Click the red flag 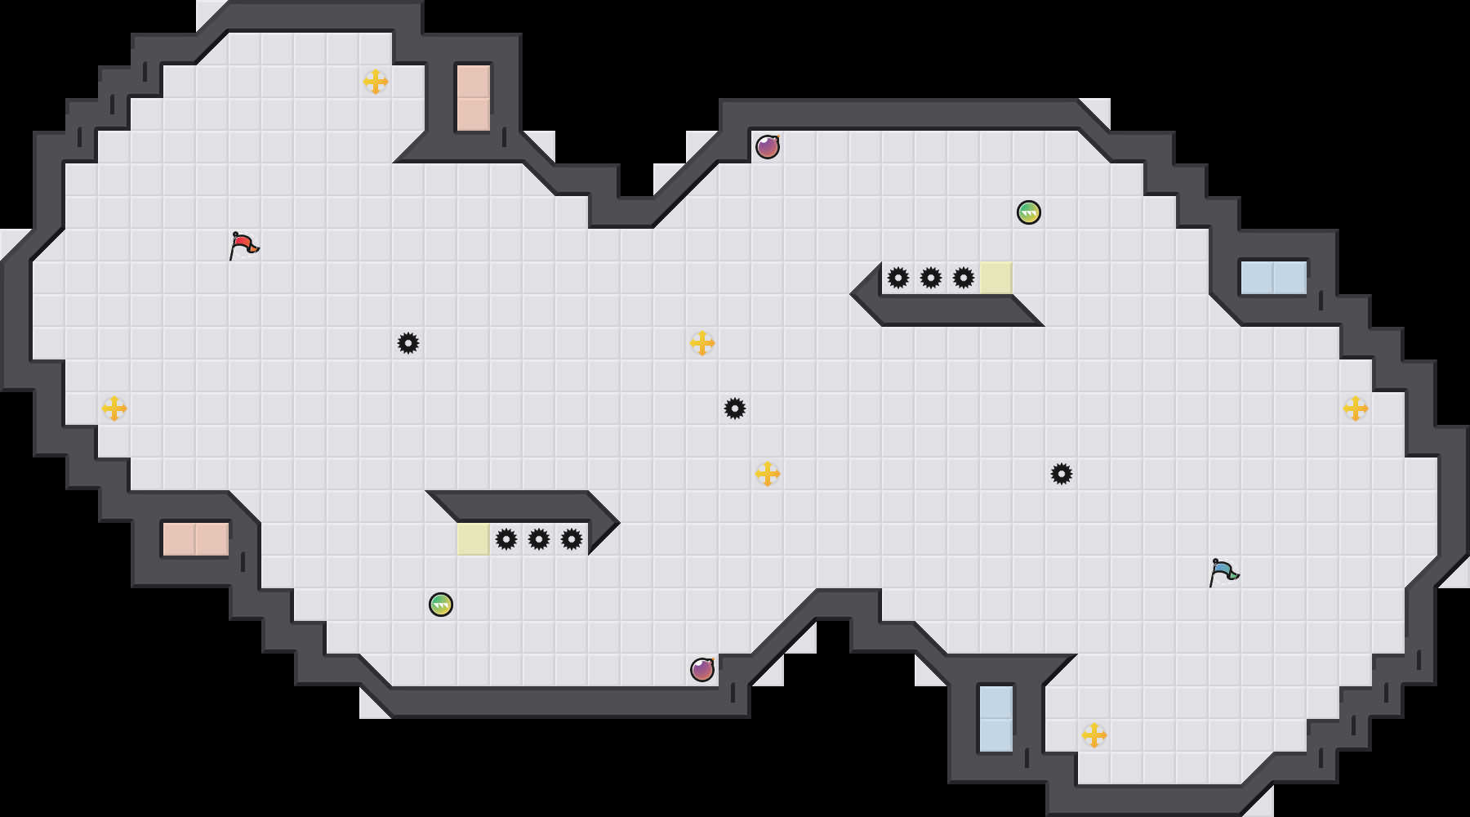(243, 245)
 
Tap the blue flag (1223, 572)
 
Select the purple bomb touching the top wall (767, 147)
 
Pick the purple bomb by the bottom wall (702, 670)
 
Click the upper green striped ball (1029, 212)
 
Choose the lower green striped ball (441, 605)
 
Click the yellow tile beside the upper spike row (996, 278)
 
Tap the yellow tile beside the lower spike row (474, 539)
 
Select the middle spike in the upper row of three (931, 278)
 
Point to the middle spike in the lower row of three (539, 539)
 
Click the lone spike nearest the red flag (408, 343)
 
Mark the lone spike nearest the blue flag (1062, 474)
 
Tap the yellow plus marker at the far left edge (114, 408)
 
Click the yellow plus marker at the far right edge (1356, 408)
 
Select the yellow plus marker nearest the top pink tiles (376, 82)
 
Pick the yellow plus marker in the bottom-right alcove (1094, 735)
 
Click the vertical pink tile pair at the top (474, 98)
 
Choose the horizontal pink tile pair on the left (196, 539)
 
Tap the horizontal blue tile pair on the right (1274, 278)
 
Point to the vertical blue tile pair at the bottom (996, 719)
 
